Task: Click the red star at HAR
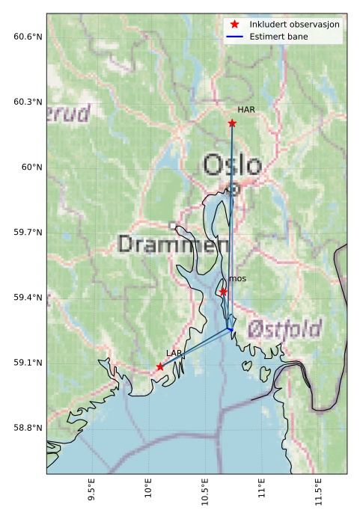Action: coord(232,123)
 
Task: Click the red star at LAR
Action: coord(160,366)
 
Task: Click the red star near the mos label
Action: coord(223,292)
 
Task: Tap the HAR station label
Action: coord(246,110)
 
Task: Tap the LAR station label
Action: coord(174,352)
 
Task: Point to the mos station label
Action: coord(237,279)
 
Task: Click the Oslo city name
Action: coord(233,165)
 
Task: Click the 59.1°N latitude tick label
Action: coord(28,363)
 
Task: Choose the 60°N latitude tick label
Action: coord(32,168)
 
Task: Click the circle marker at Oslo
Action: coord(234,189)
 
